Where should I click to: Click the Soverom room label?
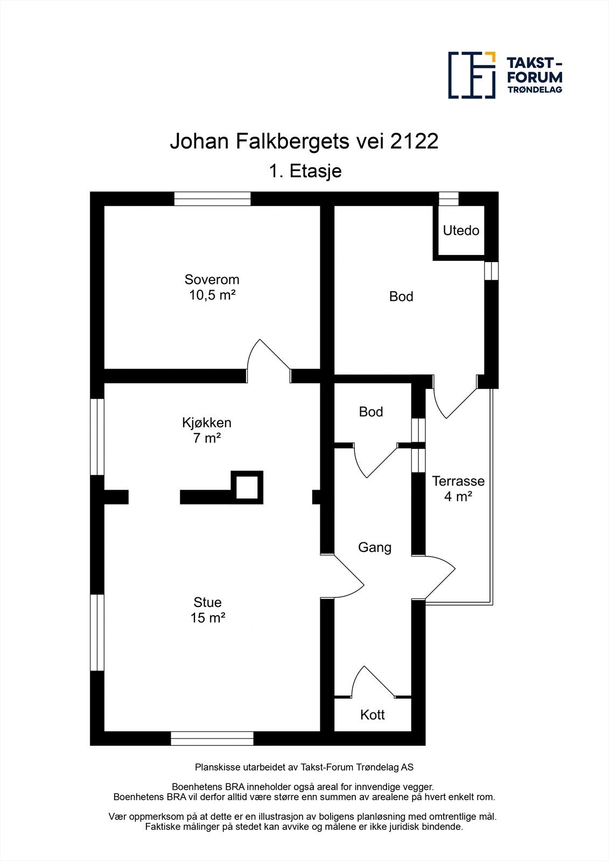212,280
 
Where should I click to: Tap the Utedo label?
461,231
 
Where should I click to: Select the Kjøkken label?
207,423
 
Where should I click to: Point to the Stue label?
207,602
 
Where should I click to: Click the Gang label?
375,548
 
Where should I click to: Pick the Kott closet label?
373,715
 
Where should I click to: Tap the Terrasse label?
458,481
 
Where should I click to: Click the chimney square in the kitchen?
247,486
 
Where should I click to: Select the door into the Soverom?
269,358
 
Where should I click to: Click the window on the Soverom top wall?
212,199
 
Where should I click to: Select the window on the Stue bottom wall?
212,738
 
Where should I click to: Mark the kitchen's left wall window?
97,436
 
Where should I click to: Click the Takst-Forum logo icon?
472,75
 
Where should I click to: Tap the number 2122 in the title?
414,142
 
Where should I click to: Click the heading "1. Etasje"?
305,171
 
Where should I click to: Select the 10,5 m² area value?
212,295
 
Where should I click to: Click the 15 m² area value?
207,618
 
